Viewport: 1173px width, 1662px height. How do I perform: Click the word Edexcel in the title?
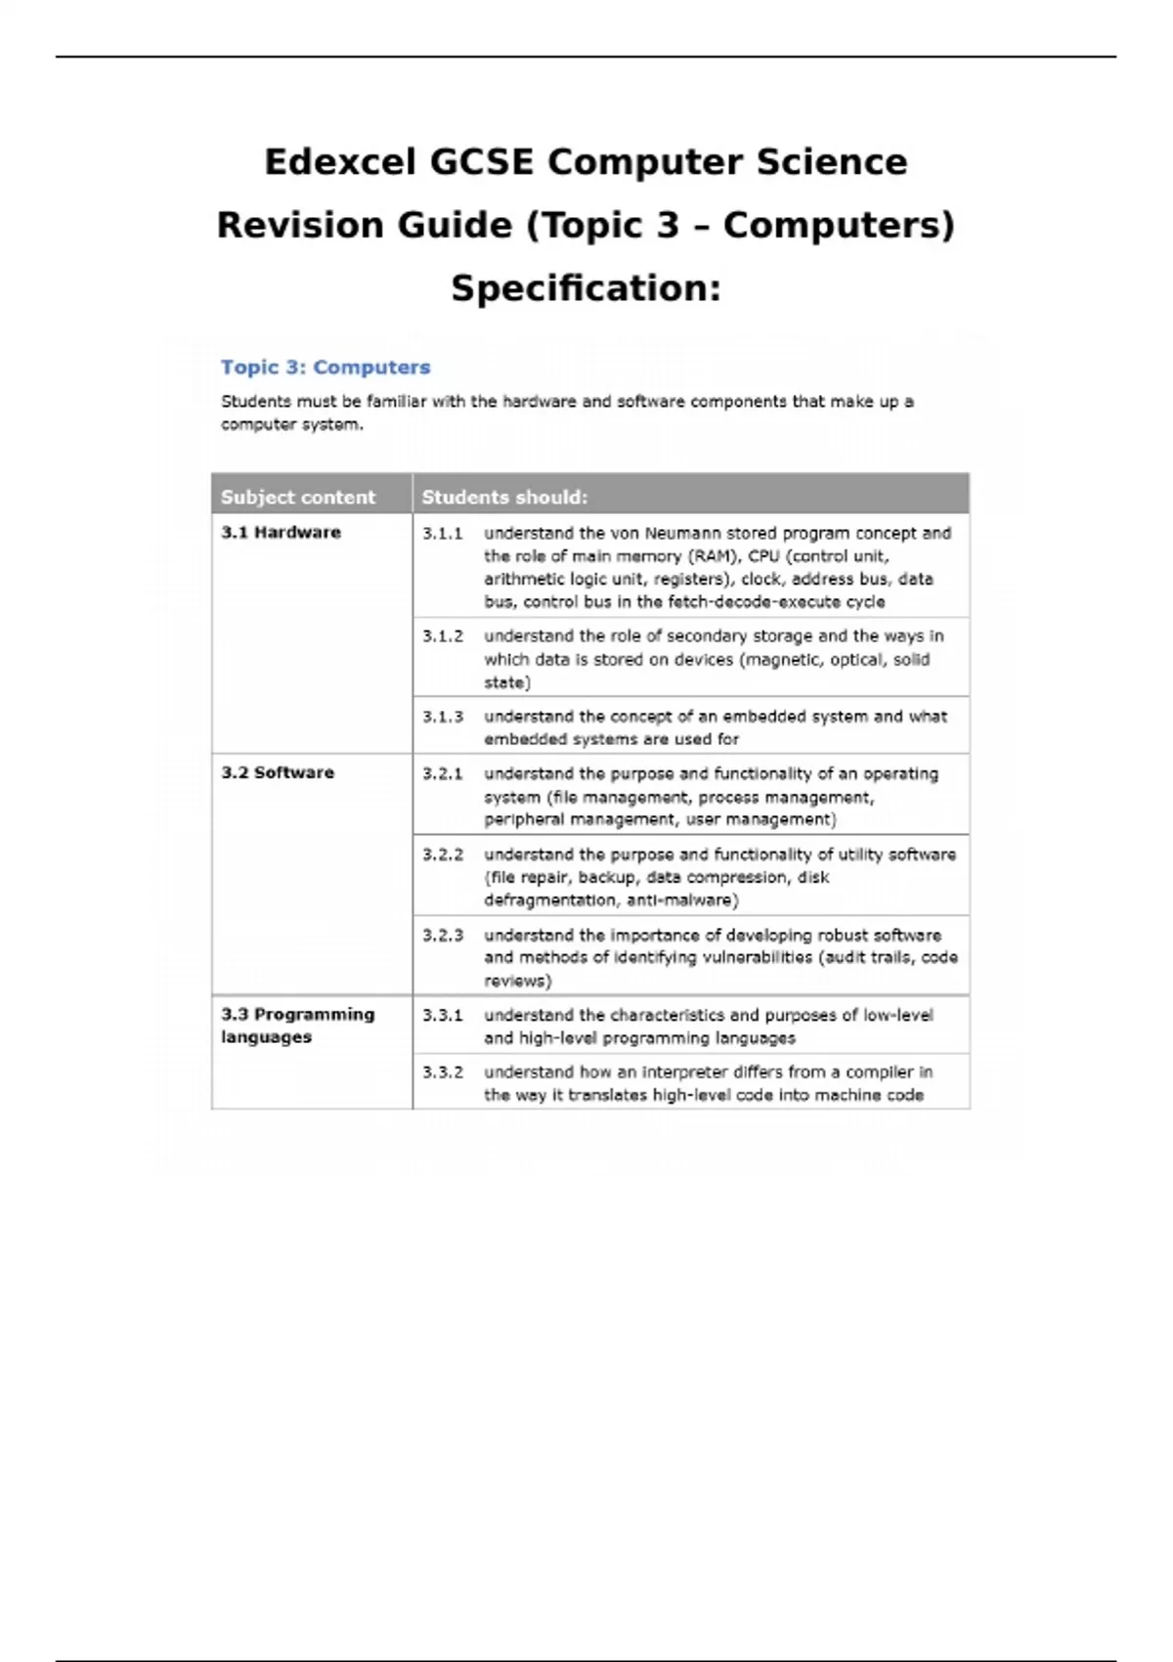(x=340, y=162)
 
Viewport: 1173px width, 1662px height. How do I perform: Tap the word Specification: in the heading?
(x=586, y=288)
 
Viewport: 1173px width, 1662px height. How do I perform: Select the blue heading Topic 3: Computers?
(x=326, y=368)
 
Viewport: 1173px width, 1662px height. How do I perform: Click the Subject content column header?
(x=298, y=497)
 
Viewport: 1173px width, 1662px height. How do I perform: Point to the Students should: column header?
(x=504, y=497)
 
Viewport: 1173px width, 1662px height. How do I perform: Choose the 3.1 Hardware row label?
(x=281, y=533)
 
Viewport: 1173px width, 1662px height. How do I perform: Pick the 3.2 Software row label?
(x=278, y=772)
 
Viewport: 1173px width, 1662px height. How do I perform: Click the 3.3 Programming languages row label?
(x=297, y=1026)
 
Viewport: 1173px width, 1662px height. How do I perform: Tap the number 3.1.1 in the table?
(x=442, y=534)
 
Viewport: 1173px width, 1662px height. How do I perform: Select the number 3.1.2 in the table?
(x=442, y=636)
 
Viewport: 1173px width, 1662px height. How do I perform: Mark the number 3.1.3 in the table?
(x=442, y=717)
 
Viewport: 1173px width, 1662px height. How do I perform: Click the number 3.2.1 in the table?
(x=442, y=774)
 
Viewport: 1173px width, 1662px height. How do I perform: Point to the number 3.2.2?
(x=442, y=854)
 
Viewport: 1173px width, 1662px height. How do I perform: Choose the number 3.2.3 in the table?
(x=442, y=936)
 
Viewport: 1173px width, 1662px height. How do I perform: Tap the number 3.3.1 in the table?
(x=442, y=1016)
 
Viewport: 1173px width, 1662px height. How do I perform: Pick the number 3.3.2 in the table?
(x=442, y=1072)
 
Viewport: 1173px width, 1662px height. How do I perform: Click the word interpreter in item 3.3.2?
(x=685, y=1072)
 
